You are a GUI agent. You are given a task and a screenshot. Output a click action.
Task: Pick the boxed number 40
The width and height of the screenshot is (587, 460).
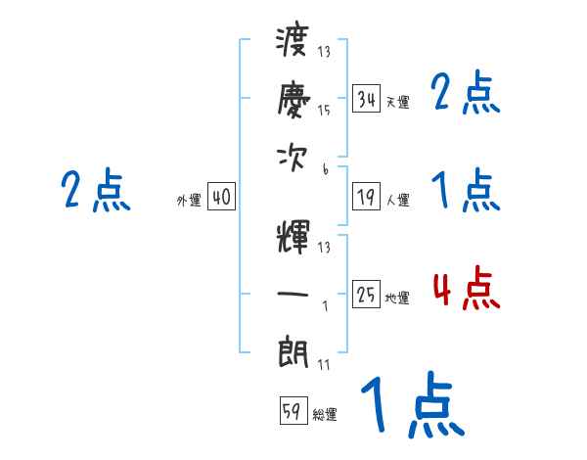tap(221, 198)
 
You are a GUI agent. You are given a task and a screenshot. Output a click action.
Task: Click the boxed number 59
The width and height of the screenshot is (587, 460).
tap(292, 411)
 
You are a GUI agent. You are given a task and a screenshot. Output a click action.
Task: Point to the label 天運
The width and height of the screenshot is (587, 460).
tap(397, 102)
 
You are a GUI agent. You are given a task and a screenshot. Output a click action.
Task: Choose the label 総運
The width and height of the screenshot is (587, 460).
tap(324, 415)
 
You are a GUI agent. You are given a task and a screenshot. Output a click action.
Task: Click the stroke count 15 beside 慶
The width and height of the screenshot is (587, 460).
tap(324, 111)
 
